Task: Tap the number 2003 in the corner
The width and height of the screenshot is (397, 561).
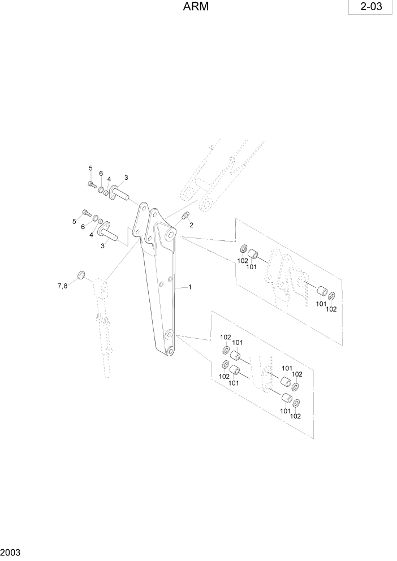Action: (11, 551)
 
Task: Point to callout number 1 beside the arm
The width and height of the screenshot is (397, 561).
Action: (190, 287)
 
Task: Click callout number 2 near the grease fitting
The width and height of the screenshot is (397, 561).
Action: (191, 225)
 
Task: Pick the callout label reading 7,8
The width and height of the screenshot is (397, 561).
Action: (62, 286)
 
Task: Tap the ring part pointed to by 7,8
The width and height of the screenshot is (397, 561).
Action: (81, 275)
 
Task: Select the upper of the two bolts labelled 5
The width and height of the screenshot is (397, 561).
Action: (92, 184)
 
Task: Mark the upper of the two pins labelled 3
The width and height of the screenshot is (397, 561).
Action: (118, 193)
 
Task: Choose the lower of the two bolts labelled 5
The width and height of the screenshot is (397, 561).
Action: (86, 212)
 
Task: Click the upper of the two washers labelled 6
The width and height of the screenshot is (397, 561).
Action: (100, 189)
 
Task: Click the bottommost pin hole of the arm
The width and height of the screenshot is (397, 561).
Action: (168, 353)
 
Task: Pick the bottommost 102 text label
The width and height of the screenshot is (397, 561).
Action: (295, 416)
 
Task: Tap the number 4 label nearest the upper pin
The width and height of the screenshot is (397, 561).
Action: (109, 179)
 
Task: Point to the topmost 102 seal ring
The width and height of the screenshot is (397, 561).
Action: (244, 249)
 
